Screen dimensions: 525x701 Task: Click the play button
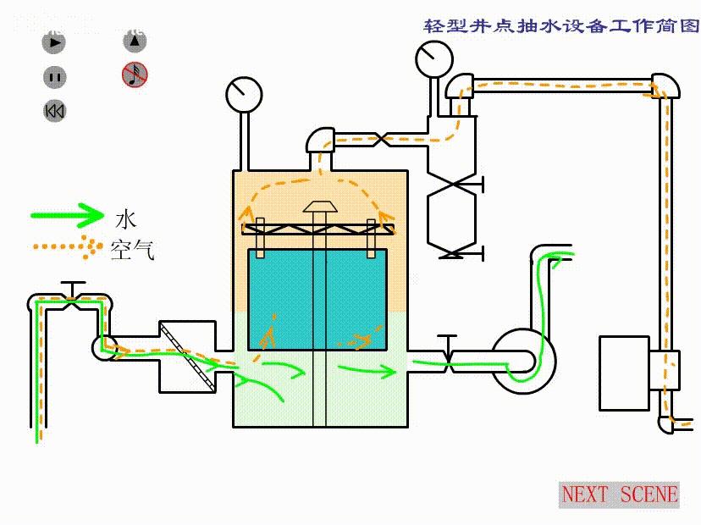55,41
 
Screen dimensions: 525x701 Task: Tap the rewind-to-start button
55,111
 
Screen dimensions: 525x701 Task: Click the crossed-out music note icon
135,75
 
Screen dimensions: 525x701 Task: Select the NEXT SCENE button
620,495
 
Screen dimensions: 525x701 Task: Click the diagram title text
560,25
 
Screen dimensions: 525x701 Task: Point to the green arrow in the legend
67,215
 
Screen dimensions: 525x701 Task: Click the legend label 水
124,219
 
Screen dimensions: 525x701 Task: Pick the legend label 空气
132,249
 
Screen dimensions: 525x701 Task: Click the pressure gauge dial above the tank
244,93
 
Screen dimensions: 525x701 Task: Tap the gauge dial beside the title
433,58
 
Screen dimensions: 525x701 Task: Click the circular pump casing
521,360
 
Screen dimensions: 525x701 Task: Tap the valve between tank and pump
446,359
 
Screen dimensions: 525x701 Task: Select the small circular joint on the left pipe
102,347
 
